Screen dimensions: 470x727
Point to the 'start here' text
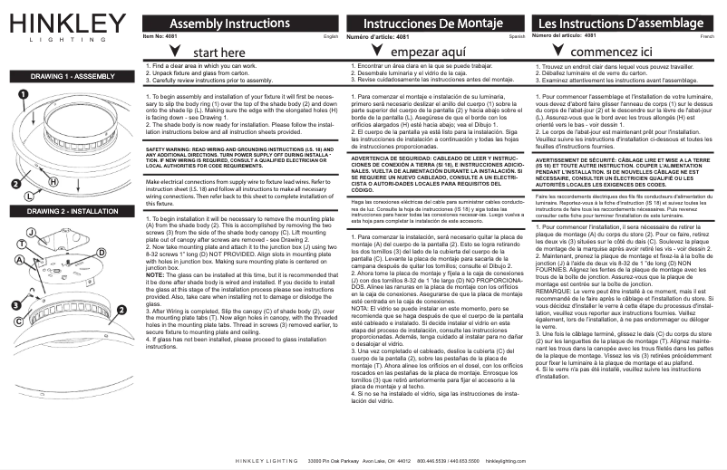coord(218,53)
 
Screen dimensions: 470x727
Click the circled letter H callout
coord(53,182)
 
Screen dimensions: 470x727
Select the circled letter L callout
coord(29,194)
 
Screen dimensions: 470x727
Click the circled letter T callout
coord(21,245)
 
